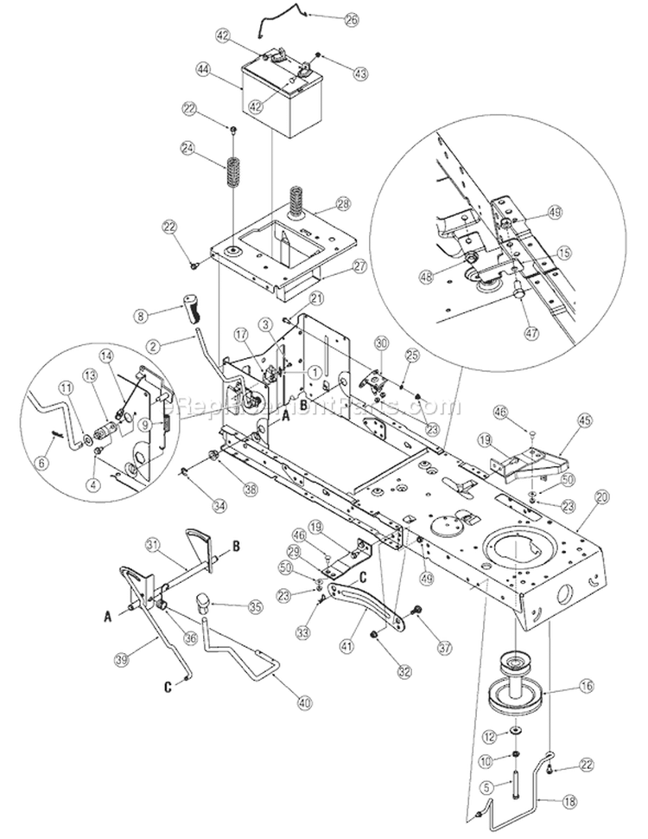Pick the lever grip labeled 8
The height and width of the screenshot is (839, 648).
coord(191,307)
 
